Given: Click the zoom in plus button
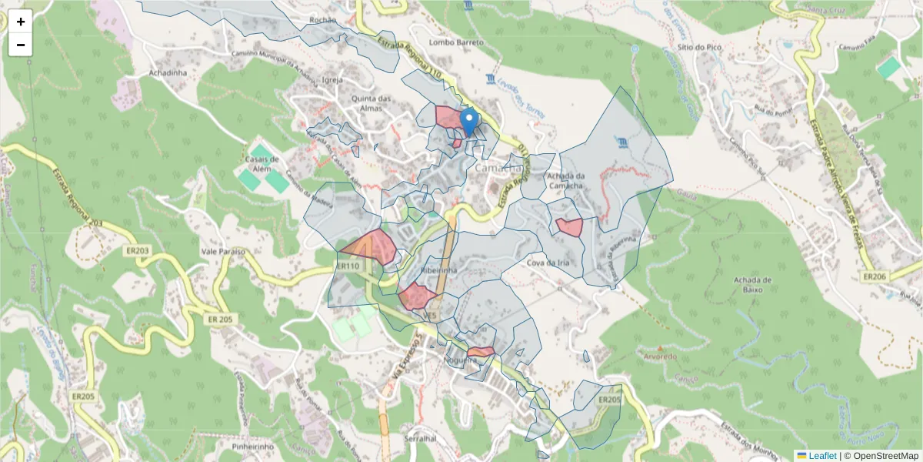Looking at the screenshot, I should point(21,22).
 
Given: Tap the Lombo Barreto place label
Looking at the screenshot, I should point(456,42).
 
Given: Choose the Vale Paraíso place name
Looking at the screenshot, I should point(222,252).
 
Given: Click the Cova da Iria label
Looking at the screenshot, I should point(548,263).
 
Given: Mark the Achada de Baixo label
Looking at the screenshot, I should point(753,284).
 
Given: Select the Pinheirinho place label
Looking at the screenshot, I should point(252,446).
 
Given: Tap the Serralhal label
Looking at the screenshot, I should point(419,438).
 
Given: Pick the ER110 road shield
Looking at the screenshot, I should point(348,266).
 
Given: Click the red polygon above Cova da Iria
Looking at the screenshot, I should point(569,227).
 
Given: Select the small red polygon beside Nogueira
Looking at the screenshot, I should point(481,352).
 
